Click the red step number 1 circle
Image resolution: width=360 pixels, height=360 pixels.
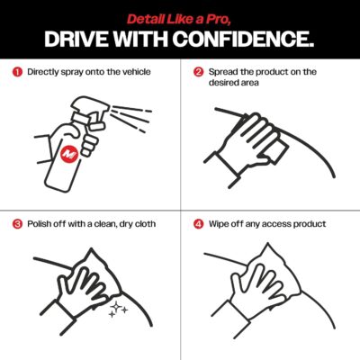(x=17, y=71)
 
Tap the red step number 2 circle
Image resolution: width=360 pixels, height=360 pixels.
(x=198, y=71)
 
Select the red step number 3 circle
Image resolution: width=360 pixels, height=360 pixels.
(x=17, y=223)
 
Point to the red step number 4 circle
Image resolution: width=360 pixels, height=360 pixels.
(x=198, y=223)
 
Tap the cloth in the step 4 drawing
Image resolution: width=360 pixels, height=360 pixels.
(x=270, y=270)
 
